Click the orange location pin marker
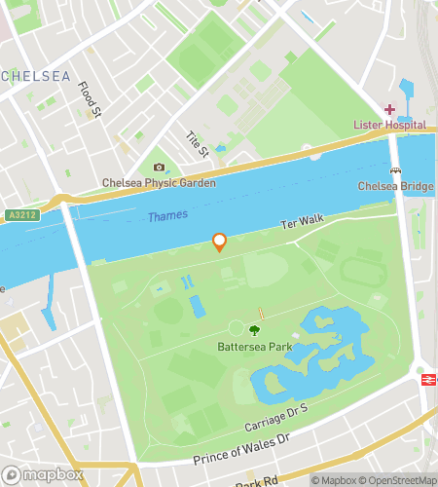pyautogui.click(x=220, y=242)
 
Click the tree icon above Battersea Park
pyautogui.click(x=255, y=331)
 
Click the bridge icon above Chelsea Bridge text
pyautogui.click(x=394, y=170)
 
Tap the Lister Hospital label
pyautogui.click(x=388, y=125)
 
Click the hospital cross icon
pyautogui.click(x=389, y=109)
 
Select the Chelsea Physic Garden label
pyautogui.click(x=160, y=183)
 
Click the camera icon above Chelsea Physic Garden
pyautogui.click(x=160, y=168)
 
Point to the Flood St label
pyautogui.click(x=91, y=101)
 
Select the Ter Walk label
pyautogui.click(x=302, y=223)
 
